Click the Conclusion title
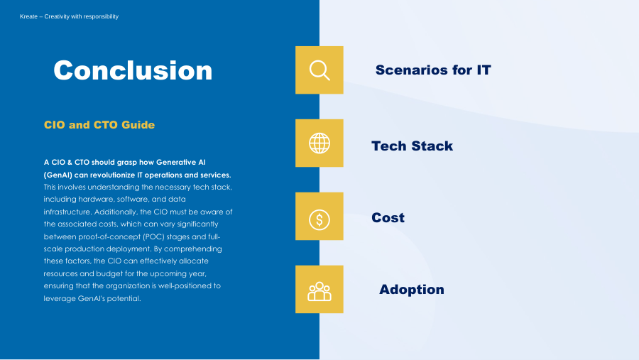(133, 70)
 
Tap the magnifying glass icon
(319, 70)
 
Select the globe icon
(319, 143)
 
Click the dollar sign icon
(319, 219)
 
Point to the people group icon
(319, 292)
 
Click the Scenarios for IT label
(433, 70)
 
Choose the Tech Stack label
(412, 146)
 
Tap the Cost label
(388, 218)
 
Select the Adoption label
(412, 290)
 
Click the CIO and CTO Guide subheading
(99, 125)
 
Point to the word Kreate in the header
(28, 16)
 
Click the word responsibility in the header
(100, 16)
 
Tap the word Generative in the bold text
(175, 163)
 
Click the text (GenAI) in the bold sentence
(58, 175)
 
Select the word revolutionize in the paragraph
(112, 175)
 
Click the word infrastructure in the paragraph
(68, 212)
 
